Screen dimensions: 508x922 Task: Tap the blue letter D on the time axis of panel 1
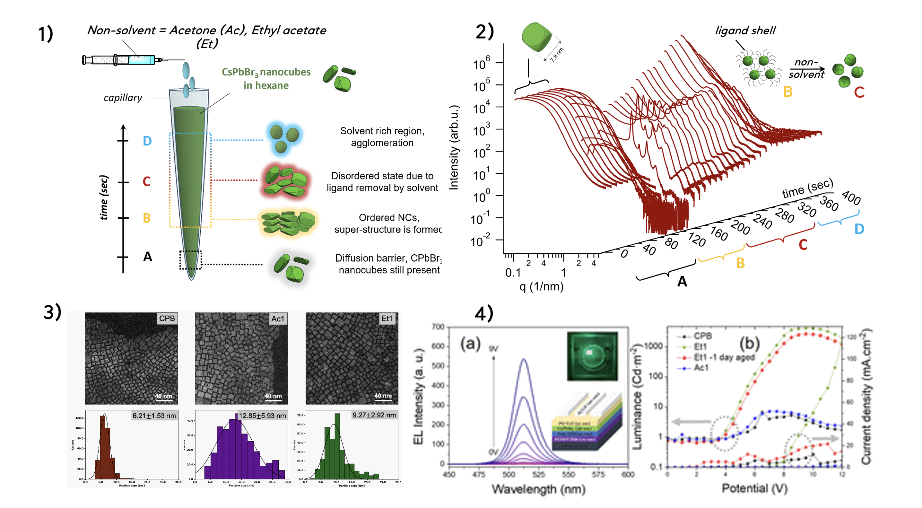click(147, 141)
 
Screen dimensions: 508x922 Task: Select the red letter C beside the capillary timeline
click(146, 181)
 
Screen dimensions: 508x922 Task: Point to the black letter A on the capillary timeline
click(148, 257)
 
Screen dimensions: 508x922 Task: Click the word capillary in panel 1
click(123, 98)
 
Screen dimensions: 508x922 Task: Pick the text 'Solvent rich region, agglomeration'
click(382, 137)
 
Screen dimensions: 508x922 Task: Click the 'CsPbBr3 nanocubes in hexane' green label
click(266, 79)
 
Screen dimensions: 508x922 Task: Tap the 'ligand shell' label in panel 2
click(745, 30)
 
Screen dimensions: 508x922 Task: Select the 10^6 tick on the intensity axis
click(481, 64)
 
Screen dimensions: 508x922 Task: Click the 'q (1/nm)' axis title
click(541, 286)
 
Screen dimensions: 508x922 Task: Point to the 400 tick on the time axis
click(851, 198)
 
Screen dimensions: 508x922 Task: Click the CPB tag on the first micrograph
click(167, 318)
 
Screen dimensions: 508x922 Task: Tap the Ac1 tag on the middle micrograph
click(278, 318)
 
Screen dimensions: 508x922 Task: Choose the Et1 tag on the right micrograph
click(387, 318)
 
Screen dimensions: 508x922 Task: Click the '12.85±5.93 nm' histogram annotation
click(262, 415)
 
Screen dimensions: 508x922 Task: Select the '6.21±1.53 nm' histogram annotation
click(154, 415)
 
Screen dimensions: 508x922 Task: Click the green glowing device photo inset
click(592, 356)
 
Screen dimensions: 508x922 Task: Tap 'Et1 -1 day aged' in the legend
click(724, 357)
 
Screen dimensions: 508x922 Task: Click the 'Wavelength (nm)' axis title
click(538, 489)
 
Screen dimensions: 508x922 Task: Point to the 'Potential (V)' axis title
click(755, 488)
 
